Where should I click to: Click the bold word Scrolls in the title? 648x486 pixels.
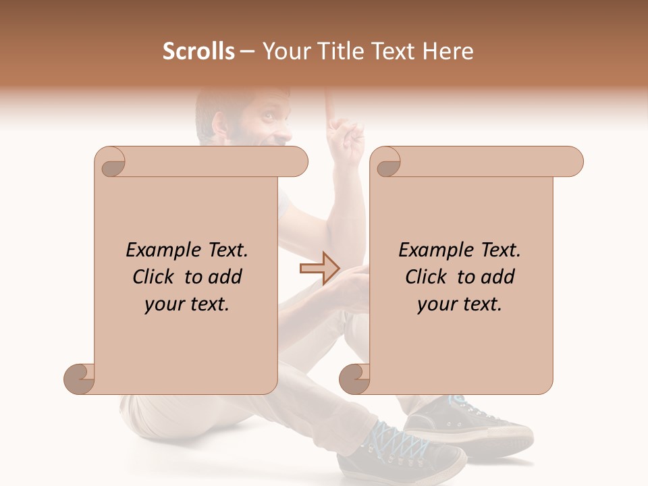coord(198,51)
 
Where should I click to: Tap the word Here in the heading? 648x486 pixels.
coord(447,51)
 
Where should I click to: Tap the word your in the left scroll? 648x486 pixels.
coord(163,305)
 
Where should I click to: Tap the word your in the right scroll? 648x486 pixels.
coord(435,305)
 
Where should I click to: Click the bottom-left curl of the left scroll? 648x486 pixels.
coord(80,378)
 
